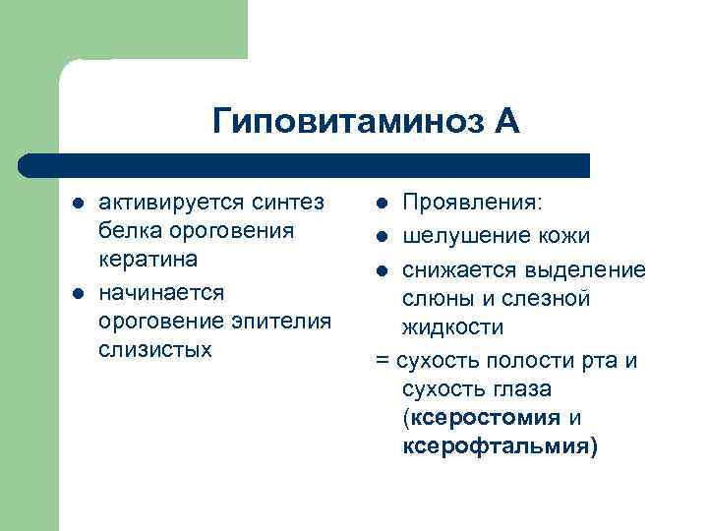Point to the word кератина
click(148, 260)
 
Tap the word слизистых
click(155, 349)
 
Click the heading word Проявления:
click(472, 203)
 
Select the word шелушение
click(459, 236)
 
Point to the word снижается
click(456, 269)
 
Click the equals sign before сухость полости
click(382, 361)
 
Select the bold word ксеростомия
click(486, 417)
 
